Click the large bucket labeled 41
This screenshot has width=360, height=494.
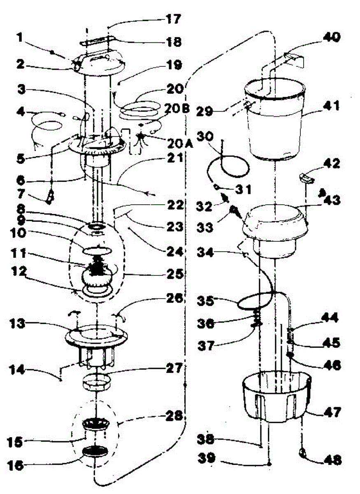point(275,123)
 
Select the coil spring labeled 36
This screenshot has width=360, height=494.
point(256,319)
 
